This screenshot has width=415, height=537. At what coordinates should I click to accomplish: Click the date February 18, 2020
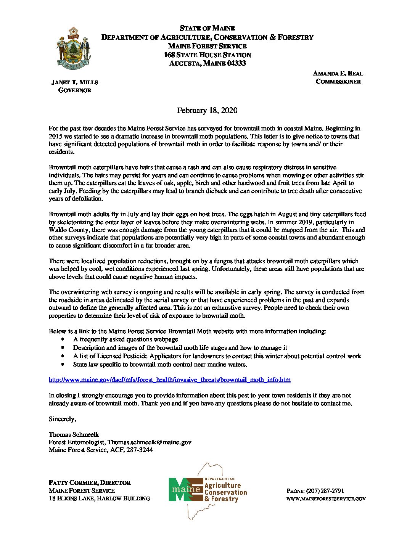click(207, 111)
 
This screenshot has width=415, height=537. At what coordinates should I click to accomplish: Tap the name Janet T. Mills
click(75, 82)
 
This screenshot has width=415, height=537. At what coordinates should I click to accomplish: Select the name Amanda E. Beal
click(338, 73)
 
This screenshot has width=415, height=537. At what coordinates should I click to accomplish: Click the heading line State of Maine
click(207, 28)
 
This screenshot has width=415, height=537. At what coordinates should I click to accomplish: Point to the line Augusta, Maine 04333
click(207, 64)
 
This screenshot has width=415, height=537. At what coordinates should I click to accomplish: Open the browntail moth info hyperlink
click(169, 380)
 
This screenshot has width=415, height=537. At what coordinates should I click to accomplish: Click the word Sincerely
click(62, 419)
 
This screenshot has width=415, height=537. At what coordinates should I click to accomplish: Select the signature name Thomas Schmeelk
click(74, 434)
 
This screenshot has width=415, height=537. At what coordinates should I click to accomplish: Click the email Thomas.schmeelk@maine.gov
click(149, 442)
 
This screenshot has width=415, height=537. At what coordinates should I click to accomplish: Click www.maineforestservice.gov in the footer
click(326, 499)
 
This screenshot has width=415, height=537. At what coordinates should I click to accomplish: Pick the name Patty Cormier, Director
click(90, 483)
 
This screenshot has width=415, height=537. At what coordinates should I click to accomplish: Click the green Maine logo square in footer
click(180, 489)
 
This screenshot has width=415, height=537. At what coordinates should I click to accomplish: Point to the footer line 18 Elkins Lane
click(99, 498)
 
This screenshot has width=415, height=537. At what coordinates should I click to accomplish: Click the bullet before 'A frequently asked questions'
click(63, 339)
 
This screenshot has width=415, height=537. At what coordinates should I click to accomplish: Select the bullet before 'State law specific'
click(63, 365)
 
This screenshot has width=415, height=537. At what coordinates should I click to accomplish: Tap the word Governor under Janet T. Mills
click(75, 90)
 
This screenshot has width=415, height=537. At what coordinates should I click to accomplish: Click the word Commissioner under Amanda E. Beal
click(338, 82)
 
